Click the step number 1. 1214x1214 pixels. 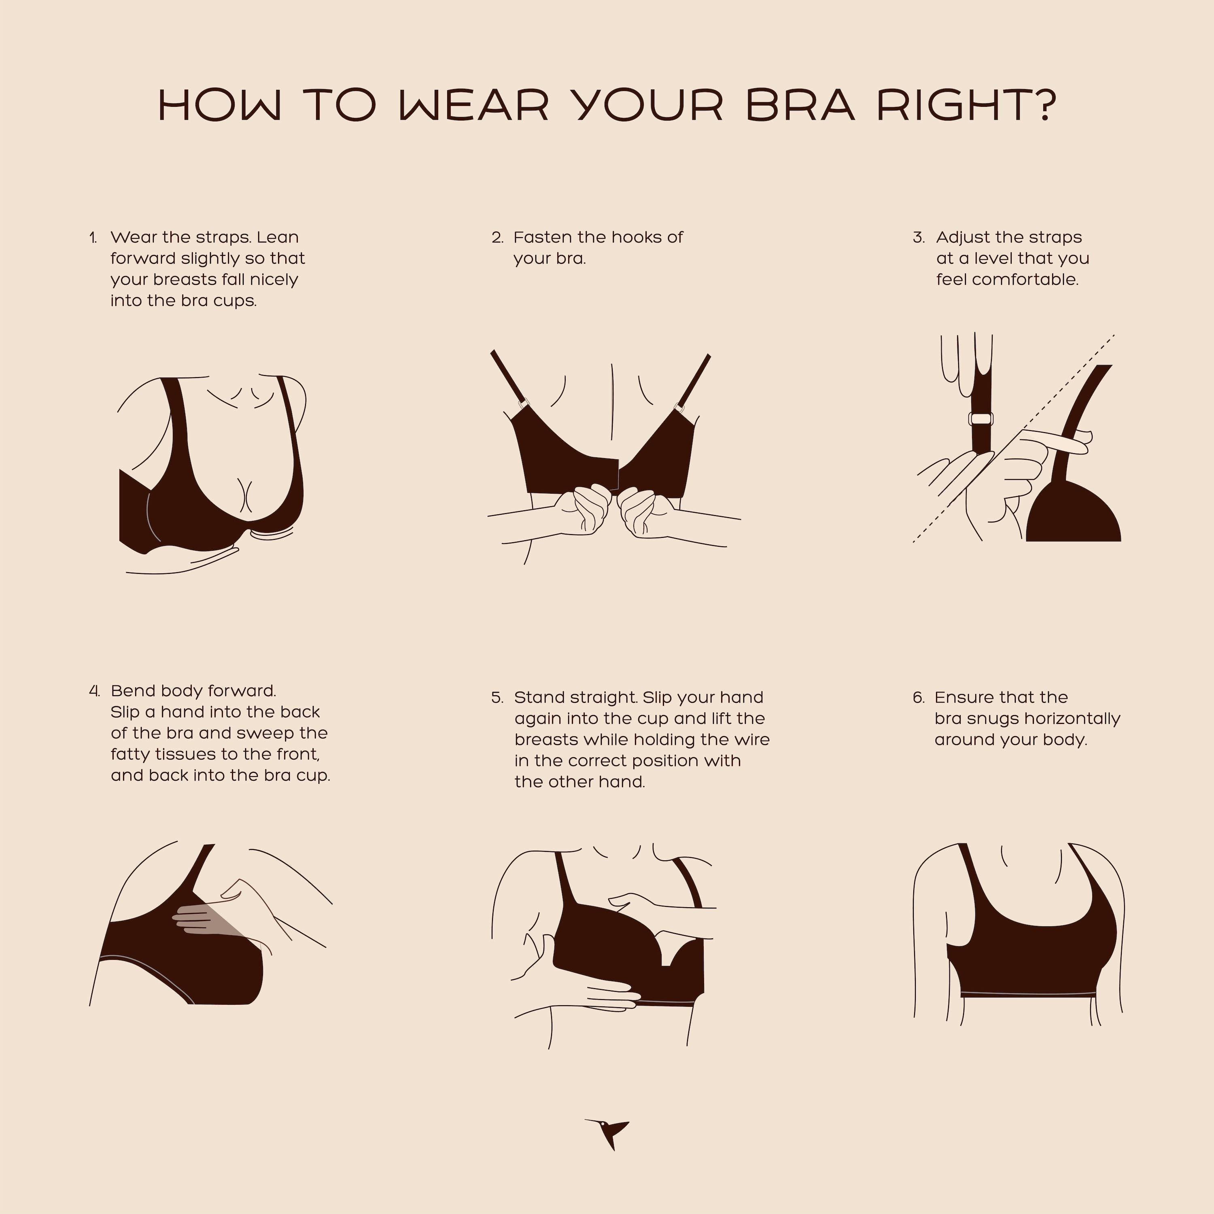(93, 238)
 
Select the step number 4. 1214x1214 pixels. (94, 691)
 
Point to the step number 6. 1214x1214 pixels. (919, 698)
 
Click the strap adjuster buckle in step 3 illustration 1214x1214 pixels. (981, 418)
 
